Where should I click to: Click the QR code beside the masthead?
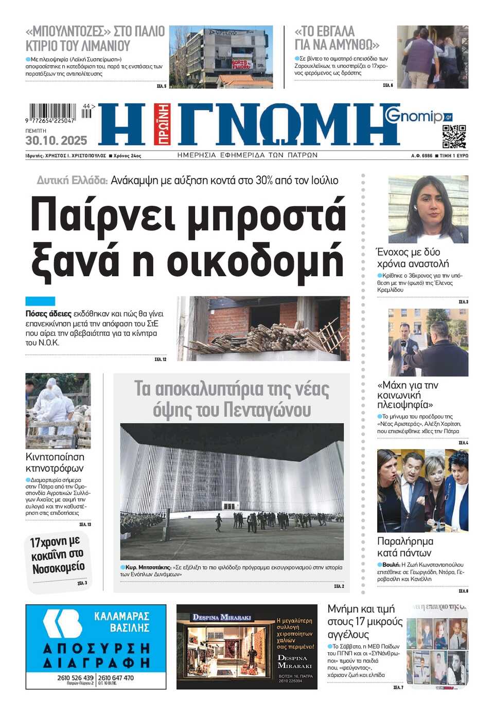click(x=454, y=136)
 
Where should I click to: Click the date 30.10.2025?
click(x=56, y=140)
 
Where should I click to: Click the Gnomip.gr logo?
click(x=418, y=115)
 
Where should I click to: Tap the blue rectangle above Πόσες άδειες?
click(x=40, y=301)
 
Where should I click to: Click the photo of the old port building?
click(x=221, y=57)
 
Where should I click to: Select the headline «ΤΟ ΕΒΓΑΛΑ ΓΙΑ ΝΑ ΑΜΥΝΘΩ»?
click(x=337, y=38)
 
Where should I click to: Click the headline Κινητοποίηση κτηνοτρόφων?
click(x=55, y=462)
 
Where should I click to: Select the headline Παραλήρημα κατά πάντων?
click(x=405, y=547)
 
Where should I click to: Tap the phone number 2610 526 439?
click(x=75, y=677)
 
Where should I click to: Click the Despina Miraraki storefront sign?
click(x=222, y=617)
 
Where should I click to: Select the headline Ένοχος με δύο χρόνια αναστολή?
click(x=413, y=258)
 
